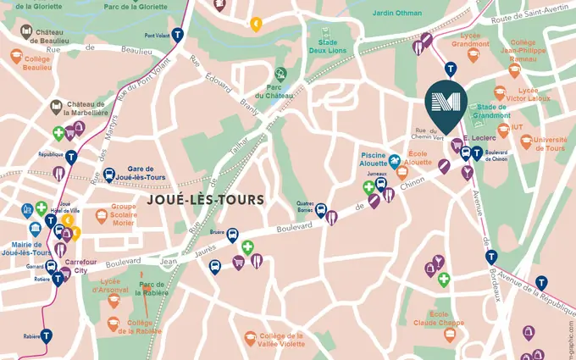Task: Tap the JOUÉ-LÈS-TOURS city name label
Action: [206, 200]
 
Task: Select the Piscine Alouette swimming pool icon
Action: [394, 158]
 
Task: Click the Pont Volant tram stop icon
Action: [177, 36]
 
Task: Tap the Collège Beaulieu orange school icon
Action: [17, 56]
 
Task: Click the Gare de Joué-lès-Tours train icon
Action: [109, 175]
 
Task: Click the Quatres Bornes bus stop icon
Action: [321, 211]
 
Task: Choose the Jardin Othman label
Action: [397, 12]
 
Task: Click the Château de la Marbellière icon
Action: [56, 107]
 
